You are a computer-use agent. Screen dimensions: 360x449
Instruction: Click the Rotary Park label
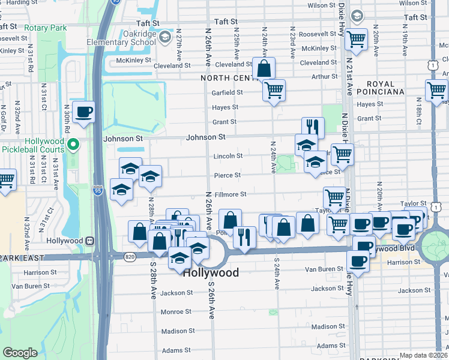pos(43,28)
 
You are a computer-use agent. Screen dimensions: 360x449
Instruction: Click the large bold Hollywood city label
pos(210,272)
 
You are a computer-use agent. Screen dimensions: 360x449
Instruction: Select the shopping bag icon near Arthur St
pos(264,68)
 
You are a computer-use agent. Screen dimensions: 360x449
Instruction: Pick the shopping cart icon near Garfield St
pos(274,90)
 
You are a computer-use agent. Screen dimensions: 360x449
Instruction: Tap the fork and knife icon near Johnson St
pos(313,127)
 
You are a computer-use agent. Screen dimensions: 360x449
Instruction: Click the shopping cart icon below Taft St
pos(357,40)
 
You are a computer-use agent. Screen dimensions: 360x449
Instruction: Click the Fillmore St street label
pos(231,194)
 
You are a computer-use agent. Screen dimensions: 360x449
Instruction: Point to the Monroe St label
pos(176,312)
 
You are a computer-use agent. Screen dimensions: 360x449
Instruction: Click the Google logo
pos(20,353)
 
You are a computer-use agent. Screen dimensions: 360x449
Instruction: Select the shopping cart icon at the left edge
pos(5,179)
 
